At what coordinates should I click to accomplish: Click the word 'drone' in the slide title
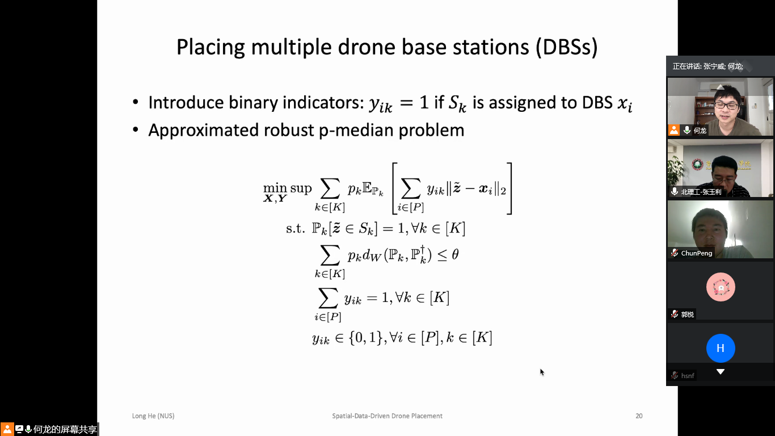[366, 47]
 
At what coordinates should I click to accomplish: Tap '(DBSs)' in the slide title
[567, 47]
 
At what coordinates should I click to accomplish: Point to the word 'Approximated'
[204, 131]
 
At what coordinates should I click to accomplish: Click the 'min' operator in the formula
[275, 188]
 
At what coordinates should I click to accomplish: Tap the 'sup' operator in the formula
[301, 188]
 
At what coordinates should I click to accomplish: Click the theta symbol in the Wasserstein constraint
[456, 254]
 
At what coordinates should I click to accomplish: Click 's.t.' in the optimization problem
[296, 229]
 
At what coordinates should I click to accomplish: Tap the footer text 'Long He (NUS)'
[153, 416]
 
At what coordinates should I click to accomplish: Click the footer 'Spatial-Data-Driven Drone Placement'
[387, 416]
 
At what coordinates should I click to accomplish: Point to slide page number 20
[639, 416]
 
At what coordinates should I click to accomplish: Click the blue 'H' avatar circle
[721, 348]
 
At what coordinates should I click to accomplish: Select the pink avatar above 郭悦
[721, 287]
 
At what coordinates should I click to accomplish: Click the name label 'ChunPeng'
[697, 253]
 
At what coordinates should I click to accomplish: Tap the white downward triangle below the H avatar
[721, 372]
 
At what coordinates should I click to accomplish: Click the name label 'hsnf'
[688, 376]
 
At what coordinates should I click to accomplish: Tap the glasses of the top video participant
[727, 104]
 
